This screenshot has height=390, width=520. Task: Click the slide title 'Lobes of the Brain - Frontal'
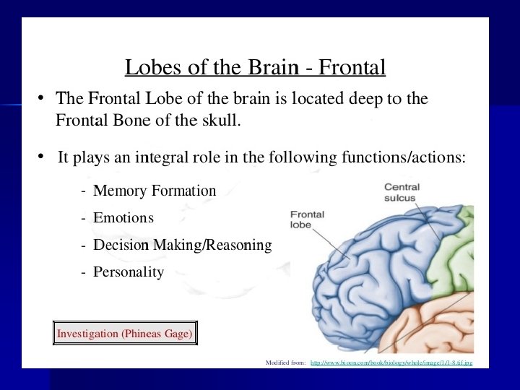click(255, 67)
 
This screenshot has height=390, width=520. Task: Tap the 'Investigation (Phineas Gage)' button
click(125, 334)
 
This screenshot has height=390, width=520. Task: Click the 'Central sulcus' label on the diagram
click(402, 192)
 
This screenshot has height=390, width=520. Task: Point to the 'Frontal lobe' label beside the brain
click(307, 220)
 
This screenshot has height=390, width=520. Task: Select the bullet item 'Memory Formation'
click(155, 191)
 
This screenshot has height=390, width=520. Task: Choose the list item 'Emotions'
click(123, 217)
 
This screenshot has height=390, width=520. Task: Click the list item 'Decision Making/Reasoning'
click(182, 246)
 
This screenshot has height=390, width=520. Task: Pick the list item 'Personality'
click(129, 272)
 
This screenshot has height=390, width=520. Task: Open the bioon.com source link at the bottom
click(391, 363)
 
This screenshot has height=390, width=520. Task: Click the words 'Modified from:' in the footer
click(285, 363)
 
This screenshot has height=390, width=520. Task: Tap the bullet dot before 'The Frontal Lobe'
click(43, 98)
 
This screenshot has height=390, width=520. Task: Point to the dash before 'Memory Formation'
click(85, 191)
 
